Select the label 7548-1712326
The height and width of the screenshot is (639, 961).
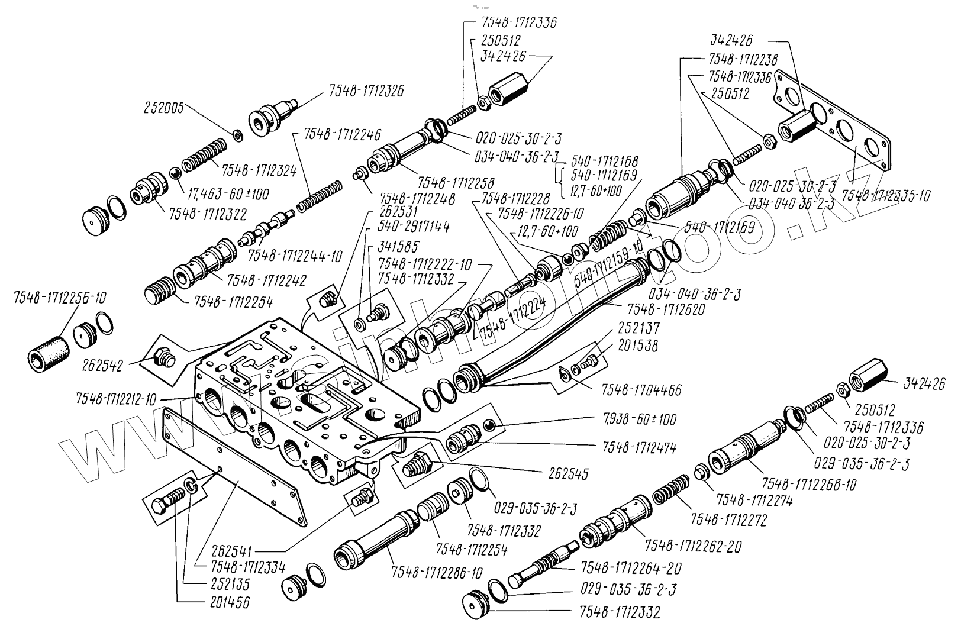(x=366, y=92)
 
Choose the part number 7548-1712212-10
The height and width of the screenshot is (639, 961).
(x=115, y=399)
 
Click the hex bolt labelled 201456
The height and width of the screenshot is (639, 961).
(x=163, y=507)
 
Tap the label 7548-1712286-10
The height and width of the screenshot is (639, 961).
(x=437, y=573)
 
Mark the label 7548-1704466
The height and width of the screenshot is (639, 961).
(x=641, y=390)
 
